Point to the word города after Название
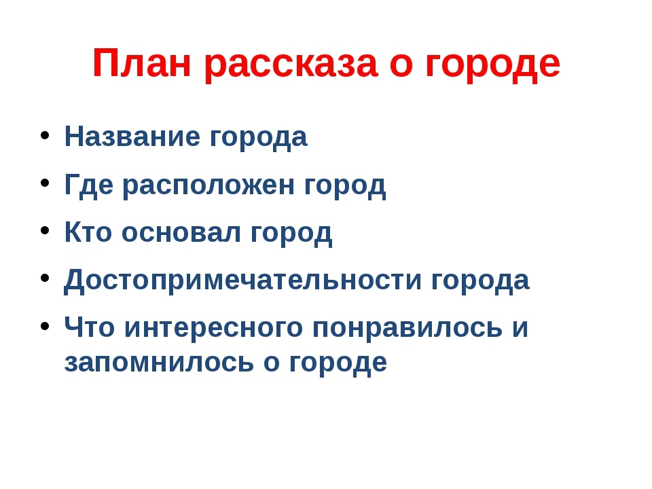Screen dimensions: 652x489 pyautogui.click(x=258, y=139)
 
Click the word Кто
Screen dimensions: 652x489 pyautogui.click(x=88, y=232)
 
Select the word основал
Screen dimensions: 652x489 pyautogui.click(x=181, y=234)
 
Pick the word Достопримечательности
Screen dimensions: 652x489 pyautogui.click(x=242, y=280)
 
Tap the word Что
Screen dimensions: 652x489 pyautogui.click(x=90, y=327)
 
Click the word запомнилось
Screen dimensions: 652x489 pyautogui.click(x=159, y=363)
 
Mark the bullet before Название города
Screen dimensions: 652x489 pyautogui.click(x=45, y=135)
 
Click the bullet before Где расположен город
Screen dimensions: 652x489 pyautogui.click(x=45, y=183)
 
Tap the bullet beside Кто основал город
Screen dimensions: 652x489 pyautogui.click(x=45, y=230)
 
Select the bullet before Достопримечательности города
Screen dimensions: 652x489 pyautogui.click(x=45, y=278)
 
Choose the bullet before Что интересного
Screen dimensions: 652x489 pyautogui.click(x=45, y=326)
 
